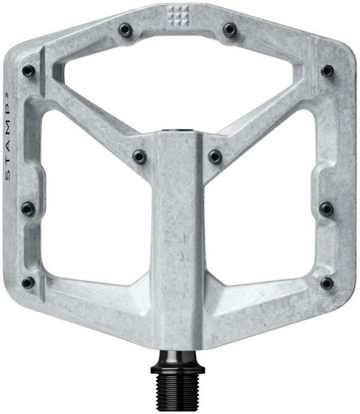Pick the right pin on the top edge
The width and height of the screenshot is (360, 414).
coord(231,29)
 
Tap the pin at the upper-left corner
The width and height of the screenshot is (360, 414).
coord(27,71)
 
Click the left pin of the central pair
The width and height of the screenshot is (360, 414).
coord(137,156)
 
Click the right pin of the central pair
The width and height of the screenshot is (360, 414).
coord(215,156)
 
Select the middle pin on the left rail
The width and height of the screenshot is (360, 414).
coord(27,206)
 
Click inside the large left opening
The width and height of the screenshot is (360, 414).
coord(89,207)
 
